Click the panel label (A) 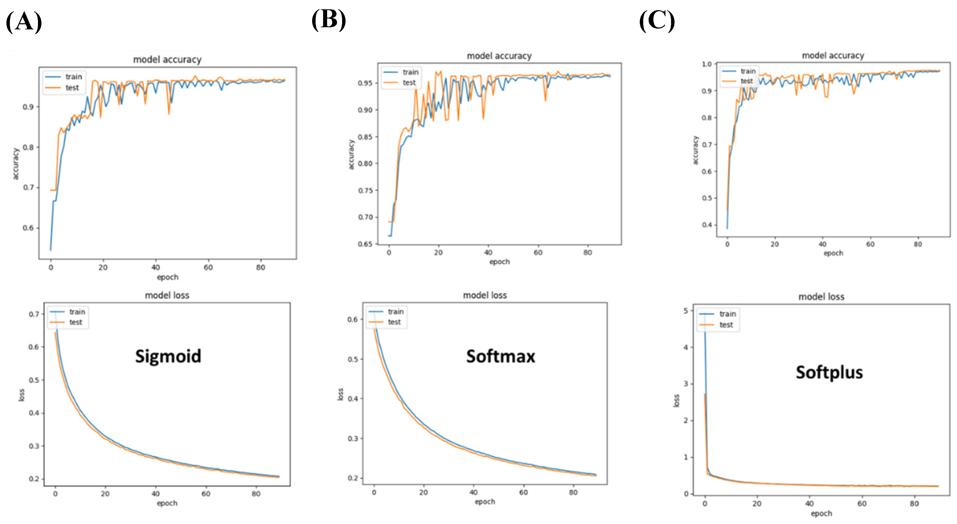24,22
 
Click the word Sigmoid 168,356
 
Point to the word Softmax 501,356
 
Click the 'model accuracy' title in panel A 167,59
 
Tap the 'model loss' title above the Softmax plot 485,296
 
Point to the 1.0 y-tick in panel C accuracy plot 707,64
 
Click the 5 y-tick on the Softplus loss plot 686,311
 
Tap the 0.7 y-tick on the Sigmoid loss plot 34,314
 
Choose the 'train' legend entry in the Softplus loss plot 727,314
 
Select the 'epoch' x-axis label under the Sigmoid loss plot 167,503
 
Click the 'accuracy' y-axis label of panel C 695,150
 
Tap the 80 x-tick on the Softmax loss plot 573,493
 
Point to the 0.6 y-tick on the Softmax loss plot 352,320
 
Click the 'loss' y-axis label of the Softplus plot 676,400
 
